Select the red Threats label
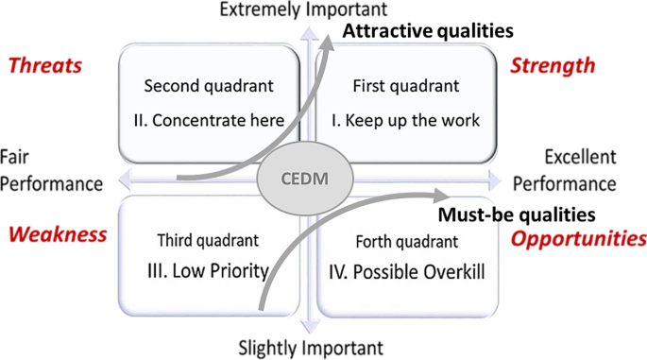(x=45, y=65)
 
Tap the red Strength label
(x=553, y=65)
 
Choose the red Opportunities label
(x=578, y=238)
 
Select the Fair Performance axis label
(x=50, y=170)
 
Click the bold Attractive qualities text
(x=427, y=31)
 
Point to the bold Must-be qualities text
(x=516, y=214)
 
